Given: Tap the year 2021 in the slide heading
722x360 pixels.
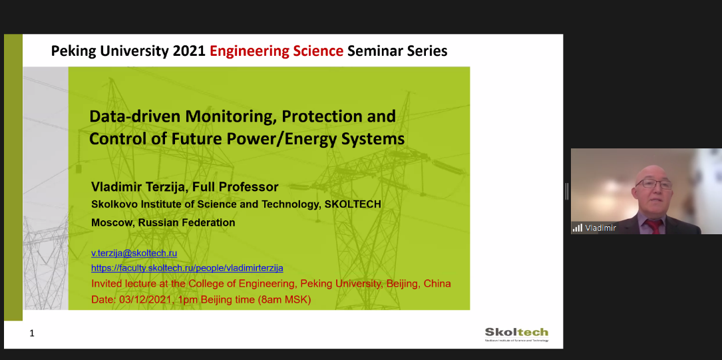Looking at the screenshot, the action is [x=189, y=51].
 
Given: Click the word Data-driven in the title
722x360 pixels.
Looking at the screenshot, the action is [x=134, y=116].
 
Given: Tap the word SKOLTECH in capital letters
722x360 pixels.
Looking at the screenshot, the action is [x=353, y=204].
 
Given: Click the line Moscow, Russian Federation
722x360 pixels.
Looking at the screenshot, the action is [x=163, y=223].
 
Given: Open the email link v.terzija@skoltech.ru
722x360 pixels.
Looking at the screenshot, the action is [x=134, y=253].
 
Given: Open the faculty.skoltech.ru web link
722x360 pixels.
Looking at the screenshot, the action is [x=187, y=268].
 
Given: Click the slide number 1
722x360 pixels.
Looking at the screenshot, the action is [x=32, y=333].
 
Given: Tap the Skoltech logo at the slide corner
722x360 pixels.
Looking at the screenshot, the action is [x=516, y=334].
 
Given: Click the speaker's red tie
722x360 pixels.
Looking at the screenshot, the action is [x=654, y=226].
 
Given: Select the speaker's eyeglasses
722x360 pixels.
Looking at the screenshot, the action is [x=655, y=184].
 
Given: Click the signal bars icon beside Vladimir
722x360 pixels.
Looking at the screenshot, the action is [x=578, y=228].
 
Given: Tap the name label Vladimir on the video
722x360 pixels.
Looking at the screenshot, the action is [x=600, y=228].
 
